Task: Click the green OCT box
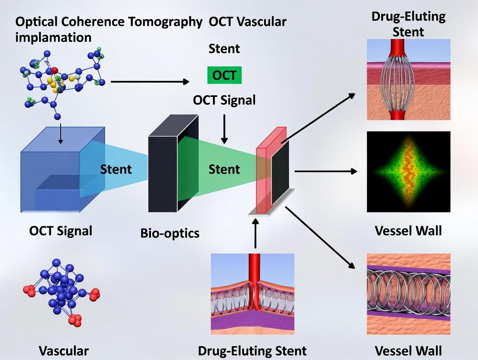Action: (x=224, y=75)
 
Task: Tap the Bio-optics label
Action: (x=170, y=233)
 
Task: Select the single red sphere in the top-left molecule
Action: (x=55, y=70)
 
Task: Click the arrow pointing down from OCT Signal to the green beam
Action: (x=224, y=129)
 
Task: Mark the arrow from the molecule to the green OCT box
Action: (x=150, y=81)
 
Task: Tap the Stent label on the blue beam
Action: (x=116, y=169)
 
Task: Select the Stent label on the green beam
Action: (x=224, y=169)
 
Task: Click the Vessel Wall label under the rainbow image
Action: (x=408, y=230)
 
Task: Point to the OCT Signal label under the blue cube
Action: (x=61, y=231)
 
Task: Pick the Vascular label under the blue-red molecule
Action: (x=64, y=350)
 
